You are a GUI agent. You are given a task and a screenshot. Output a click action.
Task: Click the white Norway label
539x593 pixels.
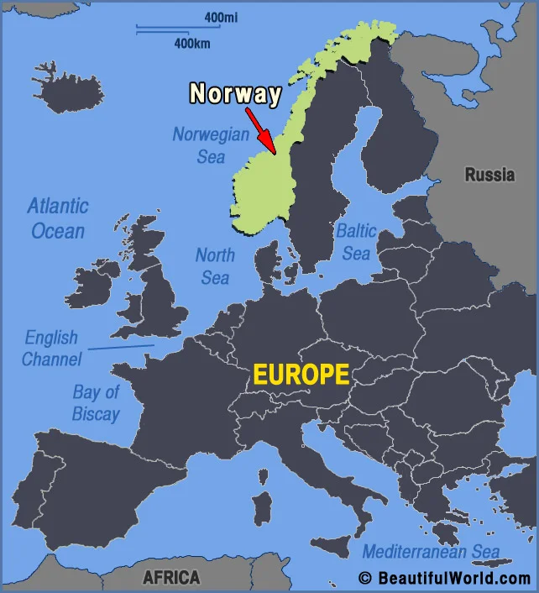[235, 93]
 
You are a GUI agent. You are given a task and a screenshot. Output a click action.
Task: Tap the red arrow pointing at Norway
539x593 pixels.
[261, 130]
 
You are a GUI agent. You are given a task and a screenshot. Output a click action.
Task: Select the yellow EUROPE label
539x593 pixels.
[301, 375]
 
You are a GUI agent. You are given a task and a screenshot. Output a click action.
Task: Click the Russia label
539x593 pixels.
[489, 175]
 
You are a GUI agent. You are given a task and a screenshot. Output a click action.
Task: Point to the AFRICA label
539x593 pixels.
[171, 577]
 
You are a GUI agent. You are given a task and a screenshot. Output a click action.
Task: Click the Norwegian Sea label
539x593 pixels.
[211, 145]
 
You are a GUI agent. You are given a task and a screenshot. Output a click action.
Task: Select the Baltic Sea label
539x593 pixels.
[355, 241]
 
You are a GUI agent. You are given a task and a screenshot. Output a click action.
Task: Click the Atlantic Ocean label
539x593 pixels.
[57, 218]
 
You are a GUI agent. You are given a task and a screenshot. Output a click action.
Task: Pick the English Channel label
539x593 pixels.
[52, 349]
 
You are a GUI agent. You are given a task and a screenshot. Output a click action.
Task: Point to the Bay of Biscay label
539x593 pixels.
[96, 402]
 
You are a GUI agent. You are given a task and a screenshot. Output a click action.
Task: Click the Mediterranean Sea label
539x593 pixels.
[431, 552]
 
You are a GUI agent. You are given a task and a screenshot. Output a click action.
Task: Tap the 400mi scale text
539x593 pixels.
[219, 17]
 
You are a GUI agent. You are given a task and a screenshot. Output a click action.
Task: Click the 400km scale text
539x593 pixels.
[191, 43]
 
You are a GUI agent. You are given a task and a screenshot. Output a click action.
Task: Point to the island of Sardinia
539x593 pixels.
[263, 509]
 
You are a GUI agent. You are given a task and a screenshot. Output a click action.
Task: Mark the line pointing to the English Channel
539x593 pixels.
[121, 346]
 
